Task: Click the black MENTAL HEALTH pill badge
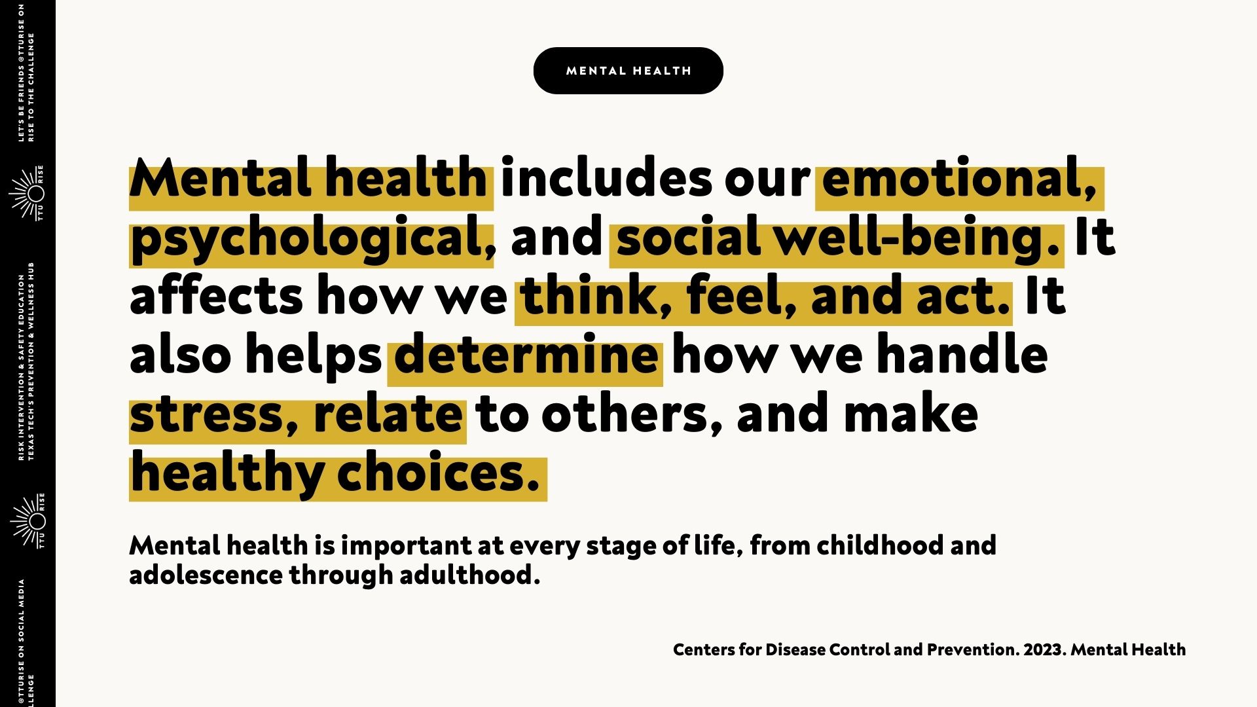[x=628, y=71]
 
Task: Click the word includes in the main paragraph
[x=606, y=178]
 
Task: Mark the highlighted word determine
[x=526, y=354]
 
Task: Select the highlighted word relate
[x=388, y=413]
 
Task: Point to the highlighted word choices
[x=438, y=473]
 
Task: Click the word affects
[x=217, y=296]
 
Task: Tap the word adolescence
[x=206, y=575]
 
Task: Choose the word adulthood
[x=470, y=575]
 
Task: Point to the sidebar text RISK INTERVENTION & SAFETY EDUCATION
[x=21, y=367]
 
